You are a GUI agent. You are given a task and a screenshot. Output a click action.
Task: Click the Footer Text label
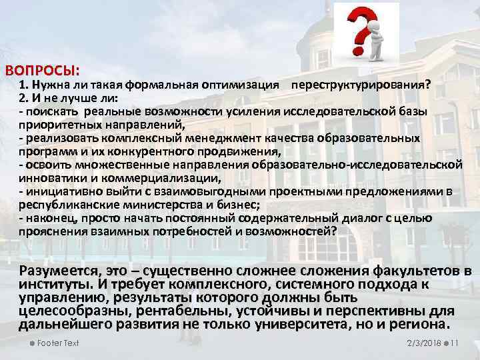59,343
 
